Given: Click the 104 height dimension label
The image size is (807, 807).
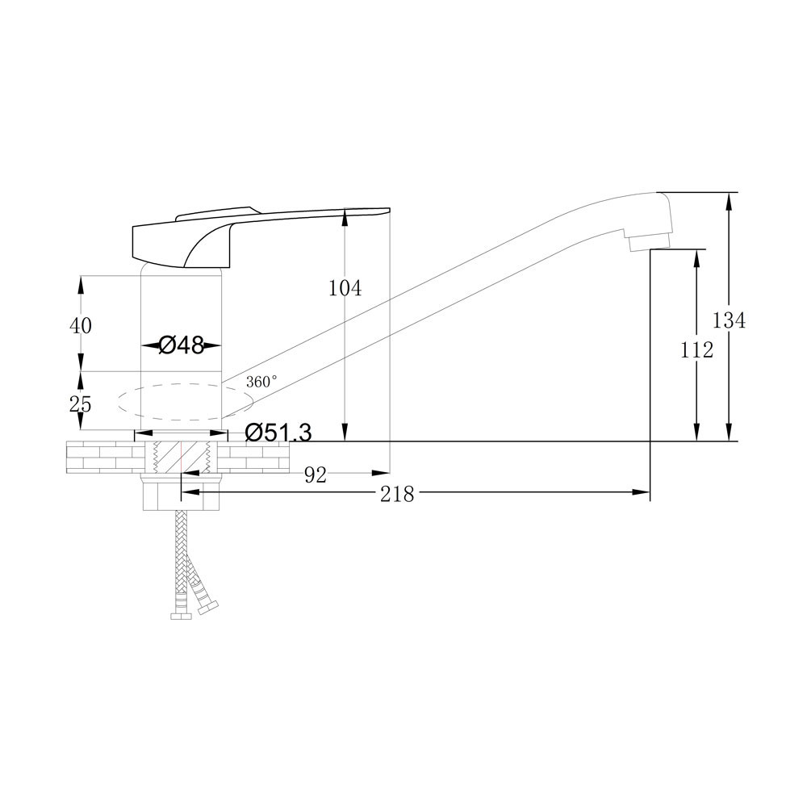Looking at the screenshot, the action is click(x=345, y=288).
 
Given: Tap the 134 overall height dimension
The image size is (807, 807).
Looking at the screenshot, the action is click(x=729, y=320).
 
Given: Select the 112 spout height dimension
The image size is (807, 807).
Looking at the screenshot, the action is click(x=697, y=350).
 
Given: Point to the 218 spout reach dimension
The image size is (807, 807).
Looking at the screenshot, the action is click(x=397, y=495).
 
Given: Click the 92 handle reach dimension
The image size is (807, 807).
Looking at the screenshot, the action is click(x=316, y=475).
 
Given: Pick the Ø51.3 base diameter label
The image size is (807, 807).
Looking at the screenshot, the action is click(x=278, y=433).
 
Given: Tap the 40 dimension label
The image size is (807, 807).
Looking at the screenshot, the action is click(x=81, y=325).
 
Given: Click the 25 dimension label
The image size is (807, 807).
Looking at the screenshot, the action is click(x=81, y=404).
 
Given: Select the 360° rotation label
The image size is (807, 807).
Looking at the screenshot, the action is click(x=261, y=382).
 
